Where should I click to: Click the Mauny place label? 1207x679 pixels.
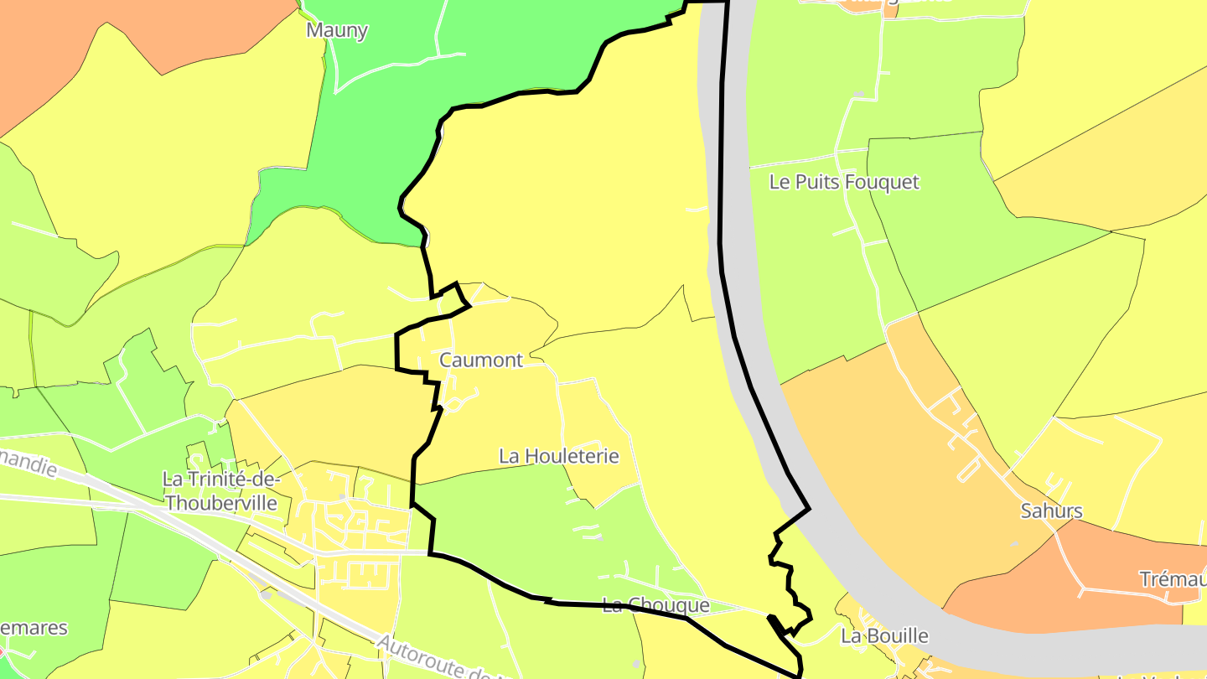(337, 31)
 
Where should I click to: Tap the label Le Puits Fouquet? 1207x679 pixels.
(844, 182)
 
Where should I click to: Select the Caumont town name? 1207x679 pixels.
(481, 360)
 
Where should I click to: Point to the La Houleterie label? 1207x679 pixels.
(558, 456)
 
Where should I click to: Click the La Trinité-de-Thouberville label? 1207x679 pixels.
(220, 490)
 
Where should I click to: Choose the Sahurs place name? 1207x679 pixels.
(1051, 511)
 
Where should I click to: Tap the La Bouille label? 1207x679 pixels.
(884, 635)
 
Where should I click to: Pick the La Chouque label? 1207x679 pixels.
(655, 605)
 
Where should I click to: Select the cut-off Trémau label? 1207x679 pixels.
(1173, 579)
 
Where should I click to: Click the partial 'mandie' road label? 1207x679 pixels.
(29, 462)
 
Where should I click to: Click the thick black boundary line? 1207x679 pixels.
(723, 168)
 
